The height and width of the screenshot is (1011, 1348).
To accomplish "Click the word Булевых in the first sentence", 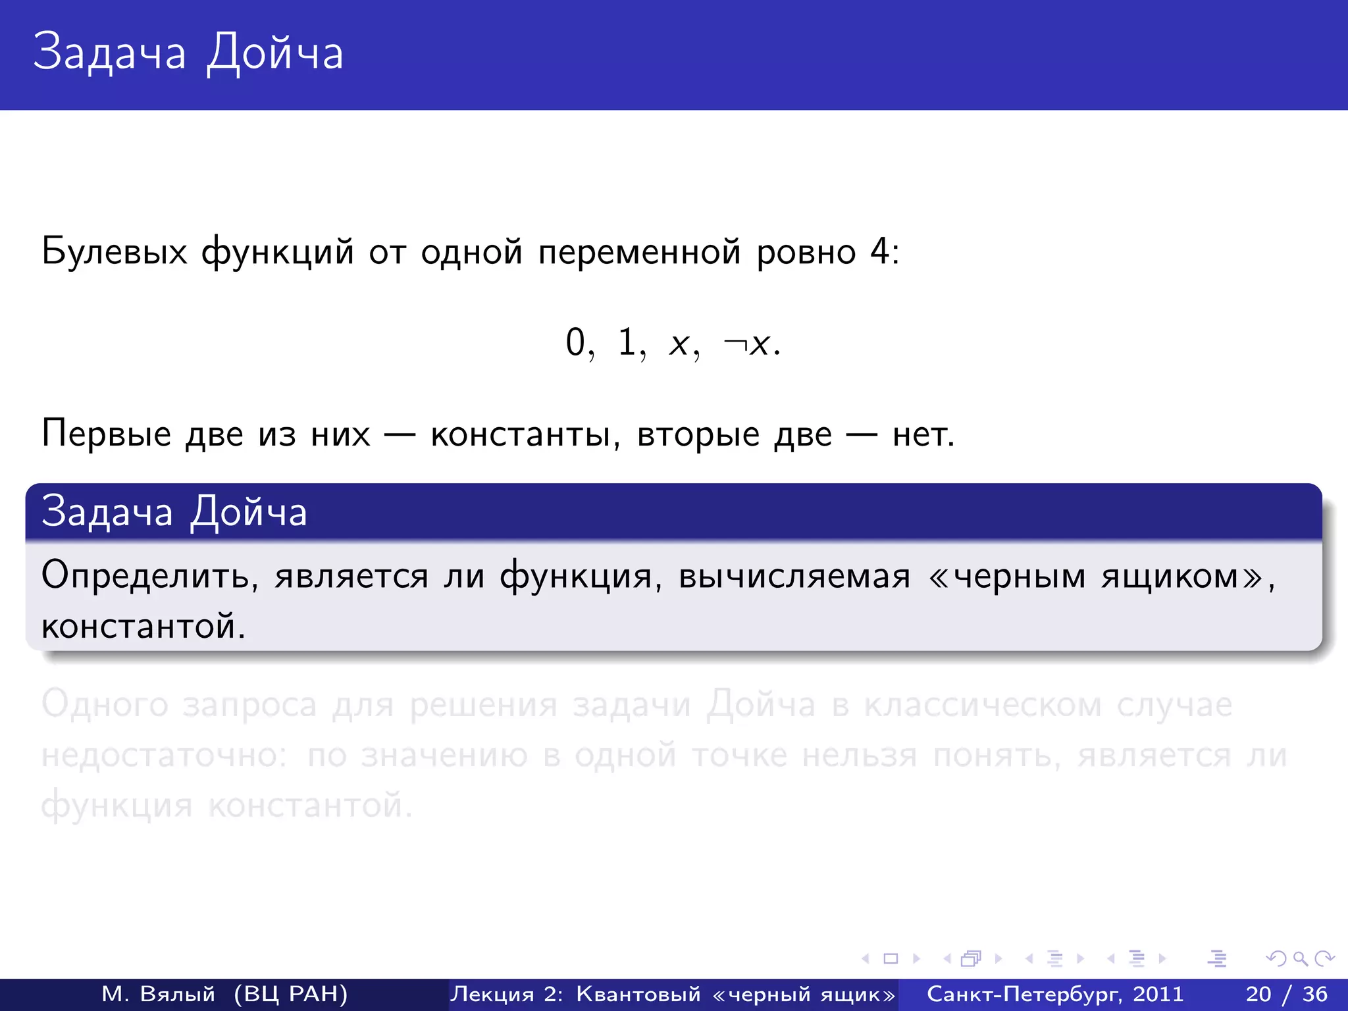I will (x=114, y=252).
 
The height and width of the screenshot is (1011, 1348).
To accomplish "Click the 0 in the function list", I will (x=575, y=343).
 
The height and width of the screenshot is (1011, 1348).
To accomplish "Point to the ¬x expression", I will (x=749, y=344).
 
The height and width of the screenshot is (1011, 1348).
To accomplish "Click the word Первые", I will (x=106, y=434).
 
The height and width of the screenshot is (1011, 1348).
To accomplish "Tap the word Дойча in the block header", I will (x=249, y=512).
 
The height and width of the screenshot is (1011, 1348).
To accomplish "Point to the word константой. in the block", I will (x=143, y=626).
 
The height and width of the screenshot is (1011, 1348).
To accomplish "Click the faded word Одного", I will (x=105, y=705).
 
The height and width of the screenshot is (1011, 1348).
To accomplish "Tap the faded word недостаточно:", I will (x=164, y=755).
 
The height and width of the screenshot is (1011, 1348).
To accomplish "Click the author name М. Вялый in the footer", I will (x=159, y=994).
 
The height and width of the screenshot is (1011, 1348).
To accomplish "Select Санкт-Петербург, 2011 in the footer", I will (x=1055, y=994).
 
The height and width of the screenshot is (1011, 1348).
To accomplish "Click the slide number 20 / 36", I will (x=1286, y=994).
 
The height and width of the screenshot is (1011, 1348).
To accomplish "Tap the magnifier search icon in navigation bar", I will (x=1300, y=959).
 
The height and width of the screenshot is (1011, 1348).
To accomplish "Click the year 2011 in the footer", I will (x=1158, y=994).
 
